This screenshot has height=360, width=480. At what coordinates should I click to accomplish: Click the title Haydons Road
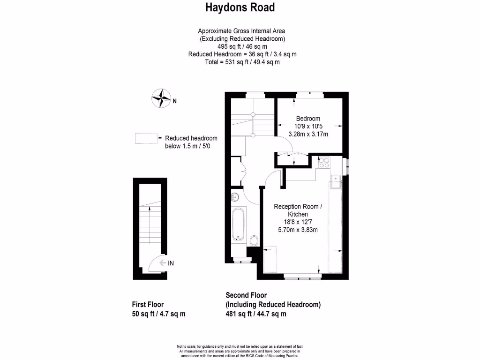click(240, 7)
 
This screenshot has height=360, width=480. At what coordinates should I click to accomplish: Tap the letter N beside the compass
click(174, 100)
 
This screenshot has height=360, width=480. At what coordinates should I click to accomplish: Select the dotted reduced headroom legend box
click(146, 139)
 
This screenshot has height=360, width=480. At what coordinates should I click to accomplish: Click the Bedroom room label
click(308, 119)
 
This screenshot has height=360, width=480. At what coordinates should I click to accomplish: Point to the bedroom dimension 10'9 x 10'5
click(308, 127)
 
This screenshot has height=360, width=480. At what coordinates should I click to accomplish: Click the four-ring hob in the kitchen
click(324, 162)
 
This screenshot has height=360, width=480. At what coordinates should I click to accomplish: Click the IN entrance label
click(171, 263)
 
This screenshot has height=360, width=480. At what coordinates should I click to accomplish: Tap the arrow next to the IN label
click(163, 263)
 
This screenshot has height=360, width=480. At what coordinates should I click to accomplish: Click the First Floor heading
click(148, 305)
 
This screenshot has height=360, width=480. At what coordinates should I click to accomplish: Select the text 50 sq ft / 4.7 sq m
click(159, 314)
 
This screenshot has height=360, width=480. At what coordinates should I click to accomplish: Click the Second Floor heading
click(246, 295)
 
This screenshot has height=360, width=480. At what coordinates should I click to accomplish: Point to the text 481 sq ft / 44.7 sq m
click(256, 314)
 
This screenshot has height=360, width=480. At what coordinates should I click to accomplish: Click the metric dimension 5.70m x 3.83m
click(298, 230)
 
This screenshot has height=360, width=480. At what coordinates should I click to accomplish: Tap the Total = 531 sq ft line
click(242, 62)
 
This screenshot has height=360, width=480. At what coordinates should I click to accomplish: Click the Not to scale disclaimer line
click(240, 346)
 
